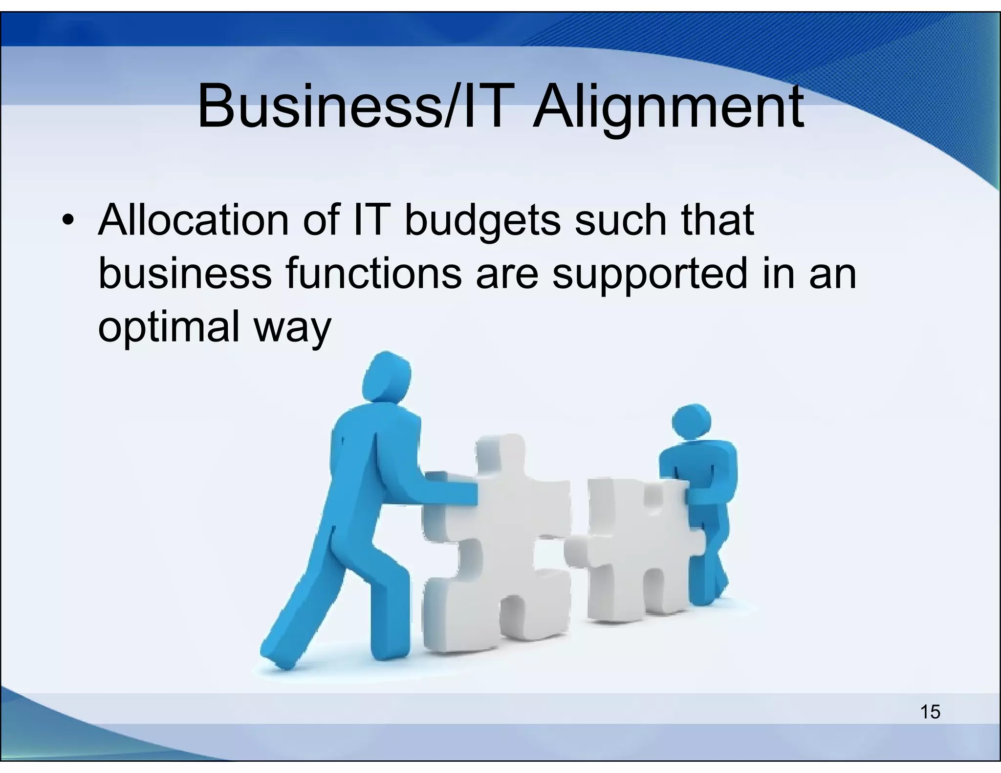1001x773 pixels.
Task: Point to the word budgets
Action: [482, 221]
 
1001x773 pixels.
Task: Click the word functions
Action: [373, 274]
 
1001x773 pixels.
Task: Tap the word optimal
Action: [168, 326]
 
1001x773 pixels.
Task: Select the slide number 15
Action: [930, 712]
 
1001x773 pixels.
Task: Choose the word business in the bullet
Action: [185, 274]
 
